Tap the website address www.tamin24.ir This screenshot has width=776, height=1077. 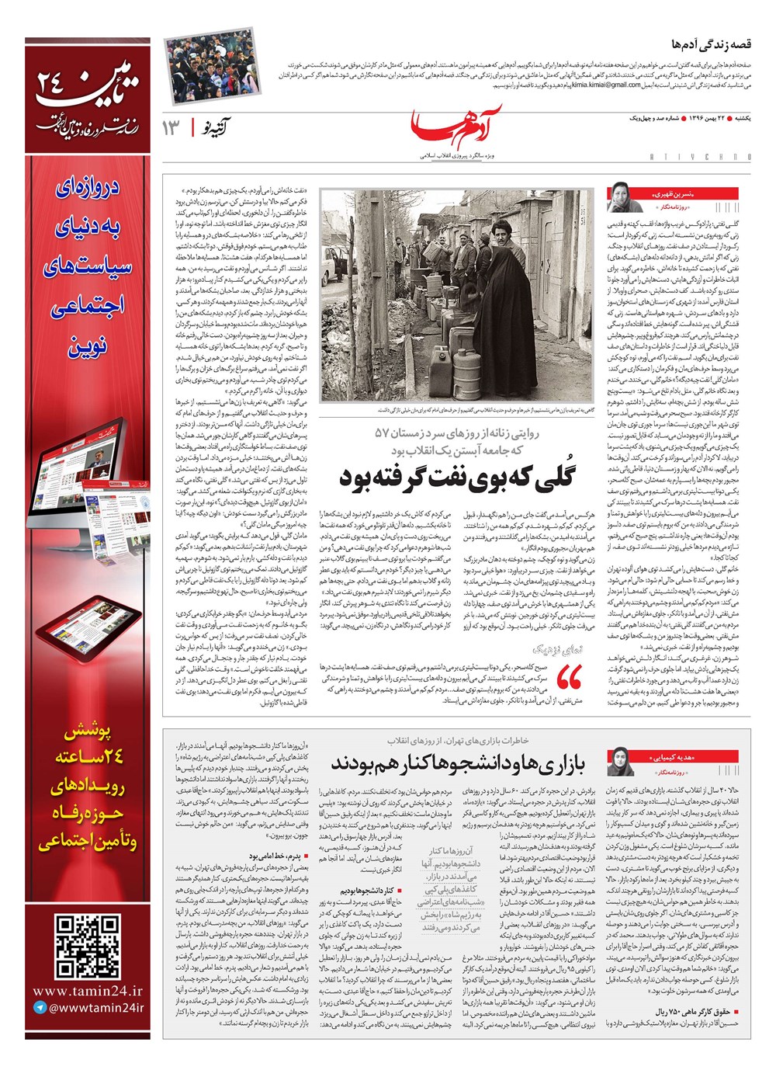[x=88, y=991]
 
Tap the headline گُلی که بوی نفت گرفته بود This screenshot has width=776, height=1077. [x=457, y=476]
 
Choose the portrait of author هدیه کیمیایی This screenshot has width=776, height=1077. [x=622, y=761]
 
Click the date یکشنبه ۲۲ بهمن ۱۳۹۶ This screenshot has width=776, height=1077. [x=719, y=117]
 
